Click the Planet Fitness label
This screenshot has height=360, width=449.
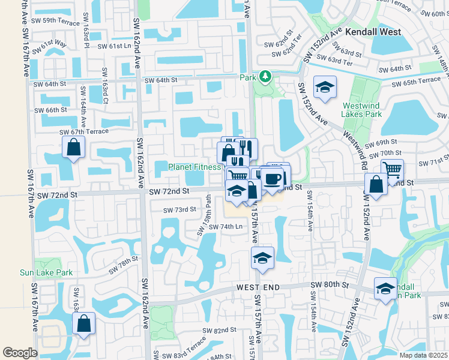194,167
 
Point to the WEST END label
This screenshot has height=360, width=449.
258,288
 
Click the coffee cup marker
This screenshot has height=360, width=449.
273,179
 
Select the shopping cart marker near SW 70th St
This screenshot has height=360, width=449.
392,170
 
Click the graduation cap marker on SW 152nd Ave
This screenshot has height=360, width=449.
325,88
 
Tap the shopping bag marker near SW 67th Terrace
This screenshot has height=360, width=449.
73,148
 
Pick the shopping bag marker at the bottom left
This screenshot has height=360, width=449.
84,323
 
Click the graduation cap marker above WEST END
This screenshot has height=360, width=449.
262,258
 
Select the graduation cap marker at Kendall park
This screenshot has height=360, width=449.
385,289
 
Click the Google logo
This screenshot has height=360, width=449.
20,352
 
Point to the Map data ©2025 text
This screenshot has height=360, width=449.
423,355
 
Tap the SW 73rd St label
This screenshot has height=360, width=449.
179,209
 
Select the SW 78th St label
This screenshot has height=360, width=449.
123,265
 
